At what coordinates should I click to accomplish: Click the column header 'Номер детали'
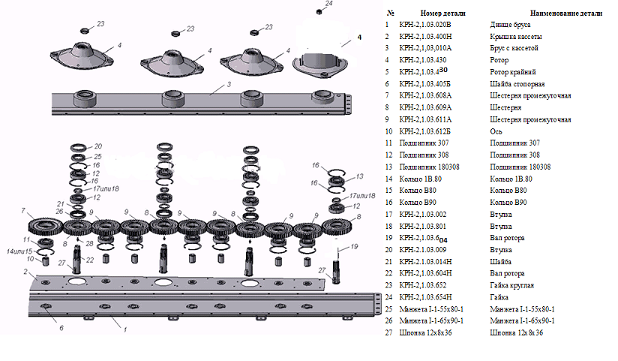point(443,13)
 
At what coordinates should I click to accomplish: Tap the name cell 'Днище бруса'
point(511,25)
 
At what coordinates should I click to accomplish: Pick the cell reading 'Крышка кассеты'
point(515,36)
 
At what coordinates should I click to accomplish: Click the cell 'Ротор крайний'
point(513,72)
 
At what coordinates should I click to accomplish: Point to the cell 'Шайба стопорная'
point(517,84)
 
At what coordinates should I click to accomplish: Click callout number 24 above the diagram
point(319,4)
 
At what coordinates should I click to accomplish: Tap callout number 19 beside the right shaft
point(354,246)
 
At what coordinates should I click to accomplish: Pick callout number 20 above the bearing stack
point(98,147)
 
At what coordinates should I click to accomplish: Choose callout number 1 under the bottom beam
point(124,329)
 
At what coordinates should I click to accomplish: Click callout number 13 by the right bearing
point(360,176)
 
